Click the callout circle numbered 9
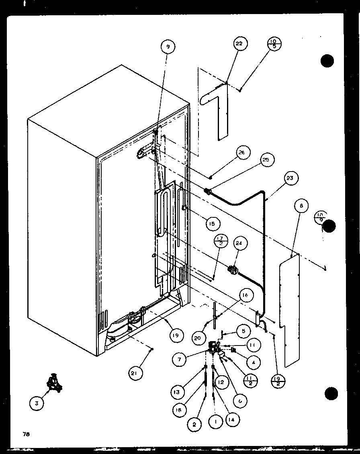(x=168, y=47)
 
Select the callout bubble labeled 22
(x=239, y=43)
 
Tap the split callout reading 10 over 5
(x=275, y=43)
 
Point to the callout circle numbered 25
(x=266, y=160)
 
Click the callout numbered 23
(x=290, y=178)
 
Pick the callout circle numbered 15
(x=211, y=223)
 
